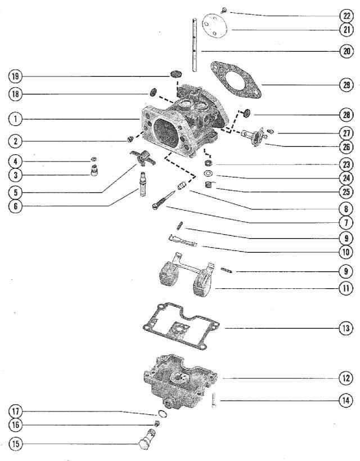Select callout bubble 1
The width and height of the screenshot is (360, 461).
point(16,119)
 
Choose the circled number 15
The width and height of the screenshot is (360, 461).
point(16,444)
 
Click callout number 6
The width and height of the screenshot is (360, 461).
point(16,207)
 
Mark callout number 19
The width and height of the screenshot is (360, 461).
point(16,75)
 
